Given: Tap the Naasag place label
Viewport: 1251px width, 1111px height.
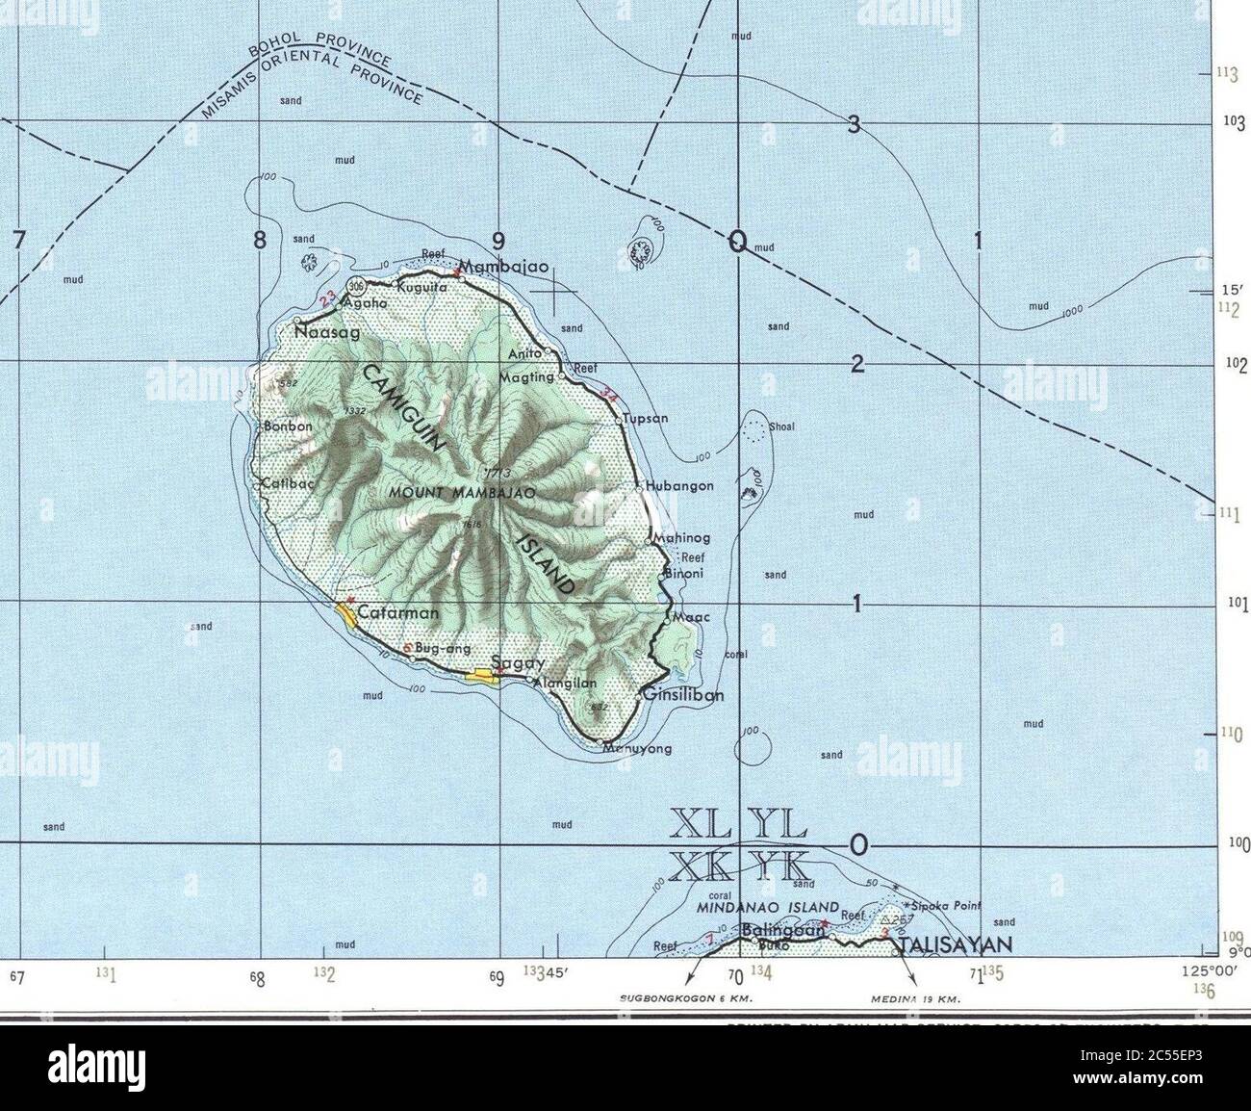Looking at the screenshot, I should coord(326,332).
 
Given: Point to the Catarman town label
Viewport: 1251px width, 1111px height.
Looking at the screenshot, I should coord(397,612).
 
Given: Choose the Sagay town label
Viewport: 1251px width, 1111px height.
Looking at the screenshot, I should coord(518,663).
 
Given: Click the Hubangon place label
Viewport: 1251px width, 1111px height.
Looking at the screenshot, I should coord(679,486).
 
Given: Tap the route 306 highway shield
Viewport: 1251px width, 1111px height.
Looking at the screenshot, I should coord(358,286).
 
